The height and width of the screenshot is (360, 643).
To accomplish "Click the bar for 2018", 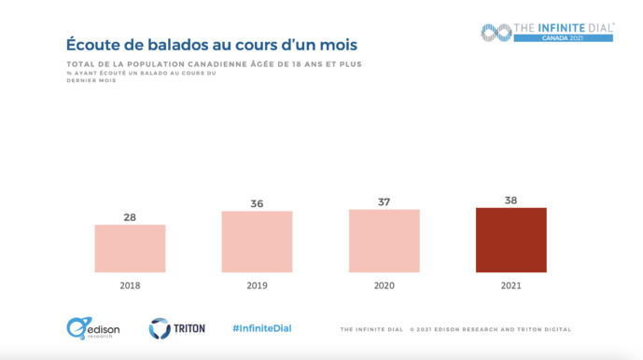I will tap(130, 248).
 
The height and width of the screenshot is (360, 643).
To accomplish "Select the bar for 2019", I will tap(257, 242).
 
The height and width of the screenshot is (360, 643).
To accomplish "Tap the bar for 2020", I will tap(384, 241).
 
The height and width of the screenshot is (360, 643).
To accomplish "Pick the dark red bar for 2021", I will tap(510, 240).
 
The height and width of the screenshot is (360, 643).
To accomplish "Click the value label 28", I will tap(130, 217).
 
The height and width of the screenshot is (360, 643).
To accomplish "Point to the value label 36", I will tap(257, 203).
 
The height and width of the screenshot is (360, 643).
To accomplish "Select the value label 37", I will tap(384, 201).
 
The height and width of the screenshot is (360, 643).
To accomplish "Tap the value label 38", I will tap(510, 200).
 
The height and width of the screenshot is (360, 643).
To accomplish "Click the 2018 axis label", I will tap(130, 285).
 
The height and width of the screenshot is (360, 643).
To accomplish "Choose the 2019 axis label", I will tap(257, 285).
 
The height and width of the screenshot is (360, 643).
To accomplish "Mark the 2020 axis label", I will tap(384, 285).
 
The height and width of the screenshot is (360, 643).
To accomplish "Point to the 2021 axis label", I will tap(510, 285).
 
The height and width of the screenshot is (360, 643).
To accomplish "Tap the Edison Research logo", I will tap(90, 328).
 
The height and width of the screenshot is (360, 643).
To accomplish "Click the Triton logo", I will tap(171, 328).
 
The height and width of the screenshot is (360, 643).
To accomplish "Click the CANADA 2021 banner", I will tap(563, 38).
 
